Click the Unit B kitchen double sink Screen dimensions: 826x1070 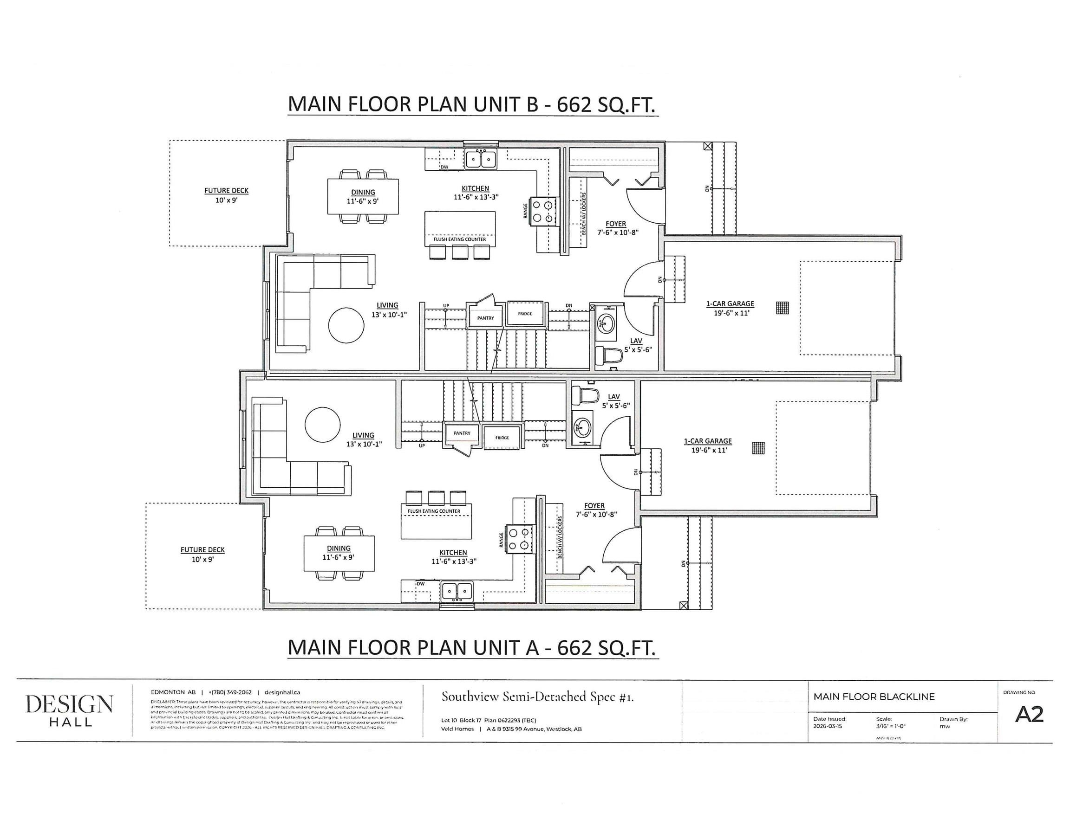(x=480, y=159)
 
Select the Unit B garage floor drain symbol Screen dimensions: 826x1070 (x=783, y=308)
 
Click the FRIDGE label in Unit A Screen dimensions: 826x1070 (x=502, y=438)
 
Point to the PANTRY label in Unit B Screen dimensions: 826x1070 (x=485, y=318)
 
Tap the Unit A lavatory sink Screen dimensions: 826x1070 (x=582, y=428)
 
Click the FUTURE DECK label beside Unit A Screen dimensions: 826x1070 (x=202, y=550)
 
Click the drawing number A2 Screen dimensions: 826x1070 (x=1029, y=715)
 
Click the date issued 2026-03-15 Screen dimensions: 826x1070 (x=828, y=727)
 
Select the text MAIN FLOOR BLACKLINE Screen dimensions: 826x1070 (x=874, y=697)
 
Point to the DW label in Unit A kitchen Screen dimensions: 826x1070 (x=420, y=584)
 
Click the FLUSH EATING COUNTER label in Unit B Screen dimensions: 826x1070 (x=460, y=239)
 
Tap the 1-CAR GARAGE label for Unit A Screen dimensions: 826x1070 (x=707, y=441)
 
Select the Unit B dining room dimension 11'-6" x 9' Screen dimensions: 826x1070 (x=363, y=201)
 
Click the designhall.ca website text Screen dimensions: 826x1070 (x=282, y=692)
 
